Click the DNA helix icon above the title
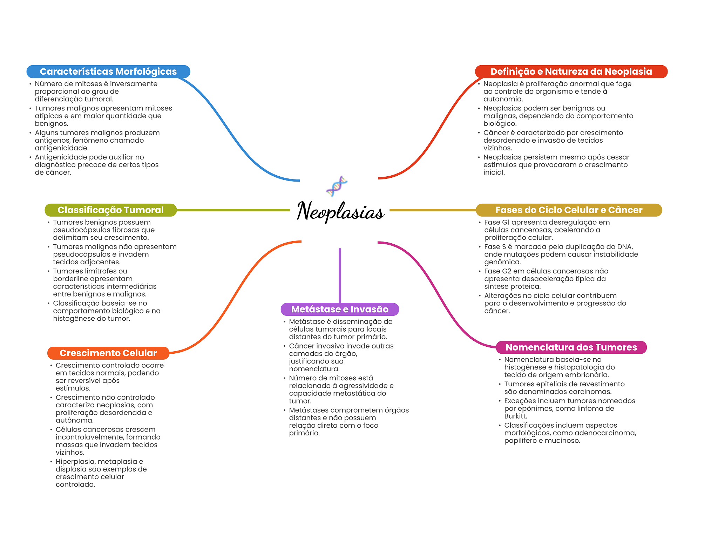337,186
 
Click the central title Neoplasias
340,211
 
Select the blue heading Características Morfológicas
108,72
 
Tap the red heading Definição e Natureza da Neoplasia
571,72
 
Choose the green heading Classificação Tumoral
110,210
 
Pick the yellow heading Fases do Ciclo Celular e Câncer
569,210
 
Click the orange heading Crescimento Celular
108,353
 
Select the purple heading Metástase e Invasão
340,309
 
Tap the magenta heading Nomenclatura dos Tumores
571,347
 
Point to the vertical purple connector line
340,275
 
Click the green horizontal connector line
233,210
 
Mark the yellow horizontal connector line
433,210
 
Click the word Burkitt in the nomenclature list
515,416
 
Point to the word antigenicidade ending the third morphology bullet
61,148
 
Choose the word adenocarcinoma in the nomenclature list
605,433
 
